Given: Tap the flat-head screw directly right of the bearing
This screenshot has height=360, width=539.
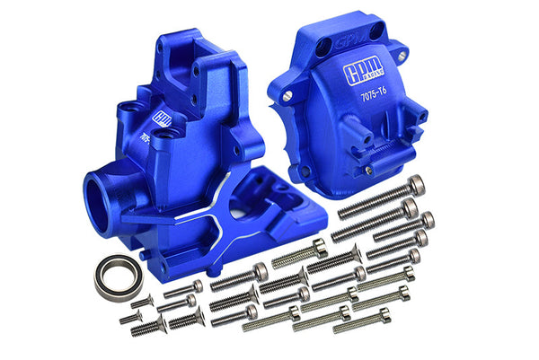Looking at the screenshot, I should (183, 287).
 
